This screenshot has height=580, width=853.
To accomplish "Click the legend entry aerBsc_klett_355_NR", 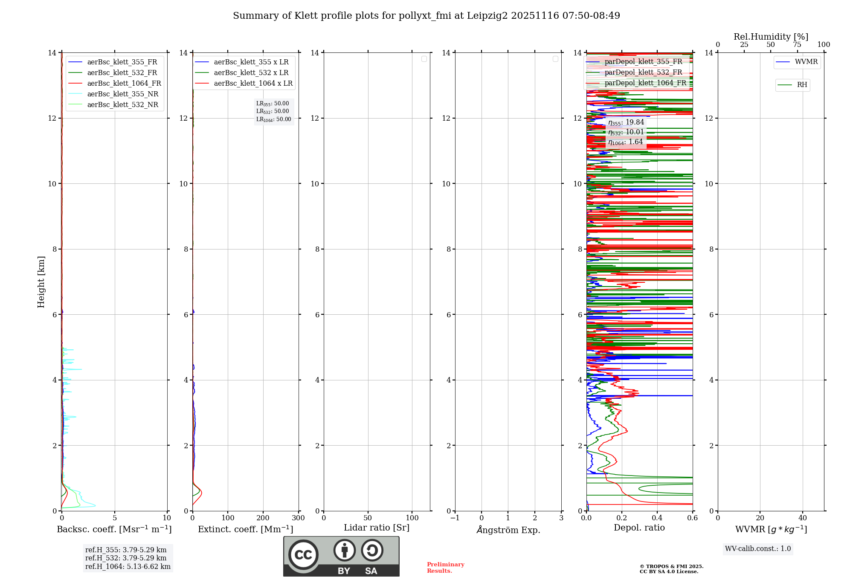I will tap(122, 94).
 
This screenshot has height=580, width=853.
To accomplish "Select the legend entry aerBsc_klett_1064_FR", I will tap(124, 84).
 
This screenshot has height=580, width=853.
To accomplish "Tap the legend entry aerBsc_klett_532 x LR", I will tap(251, 73).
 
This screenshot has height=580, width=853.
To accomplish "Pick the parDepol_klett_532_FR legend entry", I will tap(643, 72).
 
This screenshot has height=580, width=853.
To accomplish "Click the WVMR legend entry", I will tap(806, 62).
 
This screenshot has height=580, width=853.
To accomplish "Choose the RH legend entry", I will tap(802, 85).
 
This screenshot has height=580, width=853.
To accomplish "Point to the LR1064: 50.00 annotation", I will tap(274, 119).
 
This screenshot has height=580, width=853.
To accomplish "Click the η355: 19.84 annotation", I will tap(626, 122).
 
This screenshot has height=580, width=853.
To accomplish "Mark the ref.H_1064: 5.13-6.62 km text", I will tap(128, 567).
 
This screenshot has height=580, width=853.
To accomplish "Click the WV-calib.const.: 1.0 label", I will tap(758, 549).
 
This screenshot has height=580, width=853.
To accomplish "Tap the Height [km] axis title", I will tap(41, 282).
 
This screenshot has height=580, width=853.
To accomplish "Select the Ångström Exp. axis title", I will tap(508, 530).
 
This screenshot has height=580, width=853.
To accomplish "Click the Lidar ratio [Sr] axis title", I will tap(377, 528).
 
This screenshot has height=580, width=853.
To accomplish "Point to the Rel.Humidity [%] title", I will tap(771, 37).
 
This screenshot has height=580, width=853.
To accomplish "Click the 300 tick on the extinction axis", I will tap(299, 518).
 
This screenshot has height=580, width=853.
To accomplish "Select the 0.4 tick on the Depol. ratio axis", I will tap(657, 518).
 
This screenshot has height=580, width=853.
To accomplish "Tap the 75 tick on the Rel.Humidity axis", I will tap(797, 45).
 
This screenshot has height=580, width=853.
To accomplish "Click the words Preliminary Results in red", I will tap(445, 568).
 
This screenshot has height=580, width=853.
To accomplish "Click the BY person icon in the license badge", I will tap(345, 551).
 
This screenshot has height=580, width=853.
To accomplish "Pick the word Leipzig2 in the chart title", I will tap(487, 16).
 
